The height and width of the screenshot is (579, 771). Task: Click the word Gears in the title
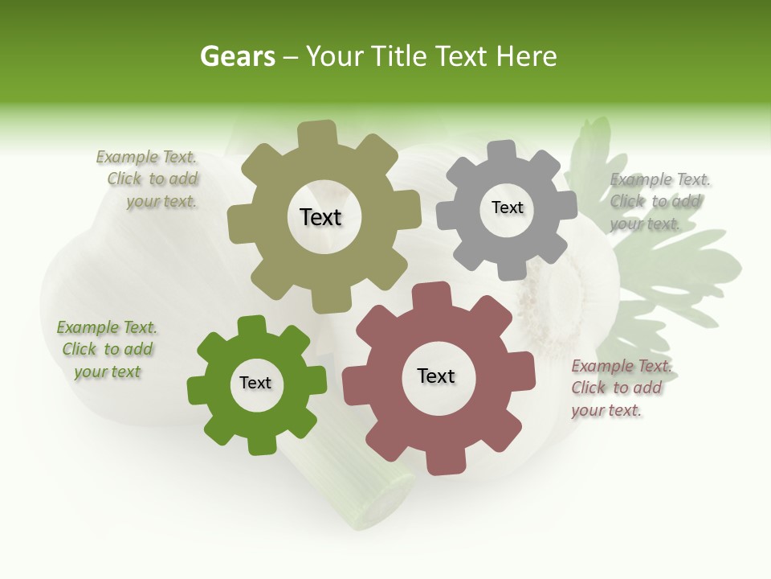[237, 56]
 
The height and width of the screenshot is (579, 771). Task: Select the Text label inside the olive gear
[320, 217]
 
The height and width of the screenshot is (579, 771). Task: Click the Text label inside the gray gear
[507, 207]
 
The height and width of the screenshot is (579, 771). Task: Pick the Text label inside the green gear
[255, 383]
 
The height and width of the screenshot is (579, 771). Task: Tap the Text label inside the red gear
[436, 376]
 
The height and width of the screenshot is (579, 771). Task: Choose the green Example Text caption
[107, 349]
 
